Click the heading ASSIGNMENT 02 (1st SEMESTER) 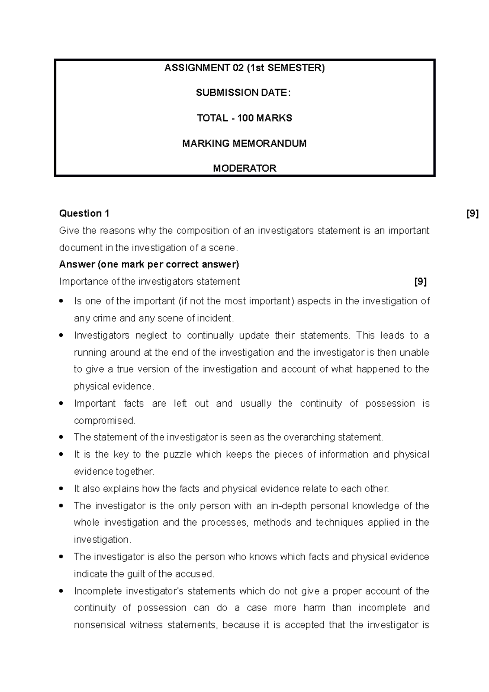[x=244, y=68]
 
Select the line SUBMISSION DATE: [x=244, y=93]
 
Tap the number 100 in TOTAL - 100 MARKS [x=245, y=118]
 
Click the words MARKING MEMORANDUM [x=244, y=143]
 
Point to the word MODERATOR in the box [x=244, y=168]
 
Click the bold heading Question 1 [x=84, y=214]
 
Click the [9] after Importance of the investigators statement [x=421, y=282]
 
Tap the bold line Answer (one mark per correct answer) [x=149, y=264]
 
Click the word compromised [x=104, y=421]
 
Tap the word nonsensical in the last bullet [x=99, y=625]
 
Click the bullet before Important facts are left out [x=61, y=403]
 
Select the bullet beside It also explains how [x=61, y=489]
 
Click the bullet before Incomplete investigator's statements [x=61, y=591]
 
